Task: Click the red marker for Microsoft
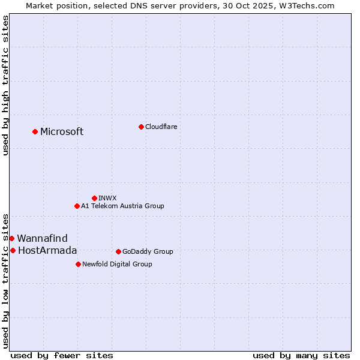[x=35, y=131]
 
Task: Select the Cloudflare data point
[x=141, y=127]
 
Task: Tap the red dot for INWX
[x=94, y=198]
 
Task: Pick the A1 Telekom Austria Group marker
[x=77, y=206]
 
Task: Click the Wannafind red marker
[x=11, y=238]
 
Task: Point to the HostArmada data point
[x=13, y=250]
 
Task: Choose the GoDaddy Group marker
[x=118, y=251]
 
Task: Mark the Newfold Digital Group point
[x=78, y=264]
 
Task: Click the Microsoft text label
[x=62, y=132]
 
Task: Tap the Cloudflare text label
[x=161, y=127]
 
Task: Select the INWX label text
[x=107, y=198]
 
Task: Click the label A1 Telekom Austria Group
[x=122, y=206]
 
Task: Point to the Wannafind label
[x=42, y=239]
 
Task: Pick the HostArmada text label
[x=47, y=251]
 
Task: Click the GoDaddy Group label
[x=148, y=251]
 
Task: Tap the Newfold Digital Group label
[x=117, y=264]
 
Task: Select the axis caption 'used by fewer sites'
[x=62, y=355]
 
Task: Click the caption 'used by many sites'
[x=301, y=355]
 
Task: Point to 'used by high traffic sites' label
[x=6, y=85]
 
